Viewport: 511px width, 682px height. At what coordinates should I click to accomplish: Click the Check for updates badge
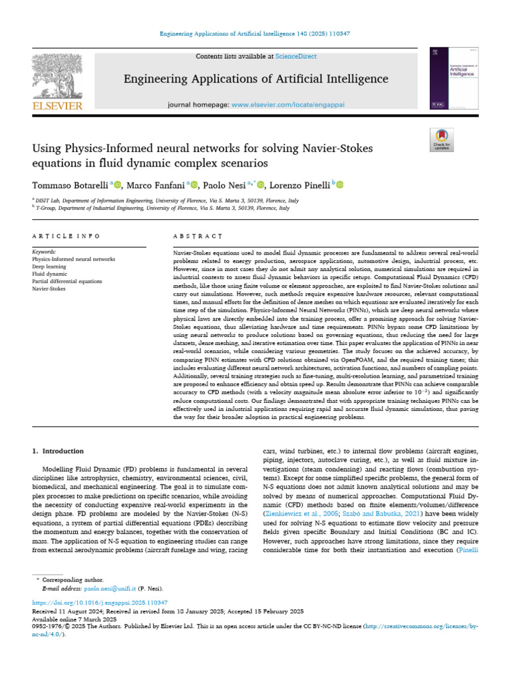[x=442, y=141]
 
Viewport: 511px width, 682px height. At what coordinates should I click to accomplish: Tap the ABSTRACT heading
[x=197, y=236]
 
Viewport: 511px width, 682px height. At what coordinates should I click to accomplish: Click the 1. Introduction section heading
[x=59, y=451]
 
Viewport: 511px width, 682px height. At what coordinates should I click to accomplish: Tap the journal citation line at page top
[x=255, y=34]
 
